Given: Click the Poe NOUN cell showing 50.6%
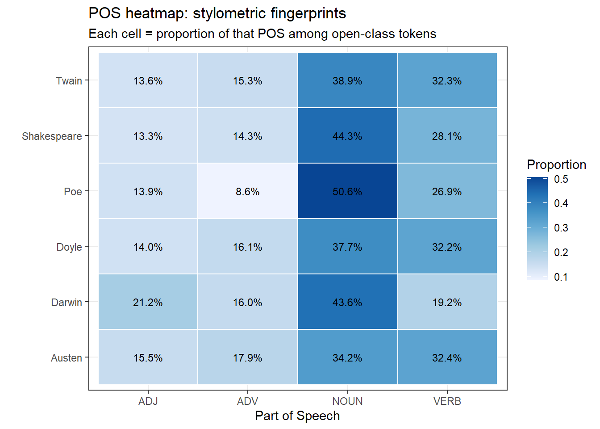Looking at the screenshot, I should pyautogui.click(x=347, y=191).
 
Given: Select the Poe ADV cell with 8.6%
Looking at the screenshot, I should pyautogui.click(x=248, y=191).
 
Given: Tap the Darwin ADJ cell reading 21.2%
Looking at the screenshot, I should pyautogui.click(x=148, y=302).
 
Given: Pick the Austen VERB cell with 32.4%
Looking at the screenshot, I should pyautogui.click(x=447, y=357).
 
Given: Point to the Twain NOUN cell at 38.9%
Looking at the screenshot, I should pyautogui.click(x=347, y=80).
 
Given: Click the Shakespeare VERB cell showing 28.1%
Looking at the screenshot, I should pyautogui.click(x=447, y=136).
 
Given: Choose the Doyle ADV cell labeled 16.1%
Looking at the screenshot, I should pyautogui.click(x=248, y=247).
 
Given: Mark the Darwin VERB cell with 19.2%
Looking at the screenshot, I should pyautogui.click(x=447, y=302).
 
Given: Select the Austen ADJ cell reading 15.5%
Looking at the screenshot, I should pyautogui.click(x=148, y=357).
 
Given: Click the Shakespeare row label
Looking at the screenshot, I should pyautogui.click(x=52, y=136).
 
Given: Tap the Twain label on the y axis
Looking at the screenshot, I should pyautogui.click(x=69, y=81).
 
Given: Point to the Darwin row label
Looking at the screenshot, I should pyautogui.click(x=67, y=303).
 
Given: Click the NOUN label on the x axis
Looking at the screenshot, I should pyautogui.click(x=347, y=401).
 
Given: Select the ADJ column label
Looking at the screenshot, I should pyautogui.click(x=148, y=401).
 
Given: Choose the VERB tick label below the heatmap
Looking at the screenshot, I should pyautogui.click(x=447, y=401).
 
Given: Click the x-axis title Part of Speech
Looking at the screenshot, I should pyautogui.click(x=297, y=416).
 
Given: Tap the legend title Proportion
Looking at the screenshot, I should pyautogui.click(x=556, y=164).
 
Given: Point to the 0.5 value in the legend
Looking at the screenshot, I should pyautogui.click(x=561, y=179).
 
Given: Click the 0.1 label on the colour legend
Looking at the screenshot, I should pyautogui.click(x=561, y=277).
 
